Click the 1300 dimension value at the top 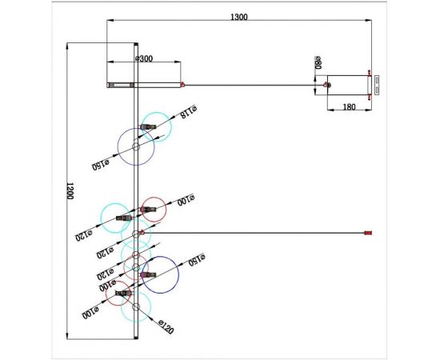point(238,18)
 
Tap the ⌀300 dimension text point(144,58)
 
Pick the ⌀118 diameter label point(188,113)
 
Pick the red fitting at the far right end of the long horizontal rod point(369,233)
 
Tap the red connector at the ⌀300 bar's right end point(182,84)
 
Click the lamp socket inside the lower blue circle point(146,274)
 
